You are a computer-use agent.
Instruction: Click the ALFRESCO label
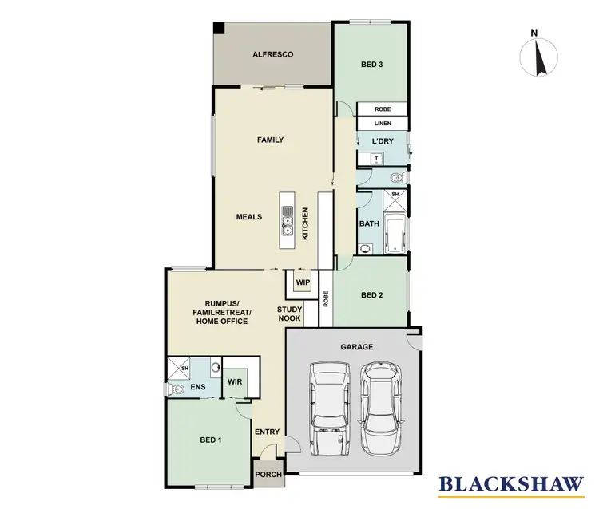pyautogui.click(x=274, y=54)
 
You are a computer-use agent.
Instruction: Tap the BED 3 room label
pyautogui.click(x=371, y=65)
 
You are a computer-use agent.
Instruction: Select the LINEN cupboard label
pyautogui.click(x=382, y=124)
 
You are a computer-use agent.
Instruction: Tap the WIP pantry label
pyautogui.click(x=302, y=282)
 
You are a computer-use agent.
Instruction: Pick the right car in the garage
pyautogui.click(x=379, y=406)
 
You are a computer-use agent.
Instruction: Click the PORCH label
pyautogui.click(x=268, y=475)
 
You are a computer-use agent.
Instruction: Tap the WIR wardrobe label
pyautogui.click(x=235, y=382)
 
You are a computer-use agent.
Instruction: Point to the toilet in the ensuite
pyautogui.click(x=176, y=389)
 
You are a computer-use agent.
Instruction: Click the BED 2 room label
pyautogui.click(x=373, y=295)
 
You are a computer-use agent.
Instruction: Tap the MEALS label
pyautogui.click(x=250, y=216)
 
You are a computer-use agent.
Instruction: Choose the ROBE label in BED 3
pyautogui.click(x=382, y=109)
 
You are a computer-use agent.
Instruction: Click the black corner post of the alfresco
pyautogui.click(x=219, y=28)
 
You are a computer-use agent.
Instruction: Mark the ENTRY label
pyautogui.click(x=267, y=432)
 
